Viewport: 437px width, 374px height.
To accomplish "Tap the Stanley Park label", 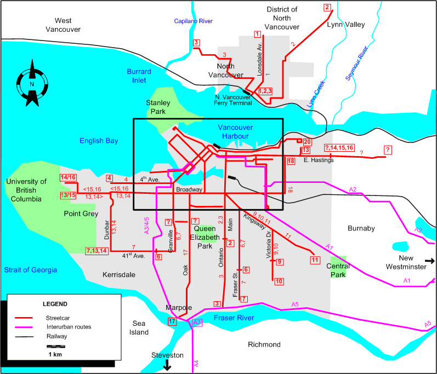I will pos(158,107).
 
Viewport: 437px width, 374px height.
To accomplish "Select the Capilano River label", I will pos(193,21).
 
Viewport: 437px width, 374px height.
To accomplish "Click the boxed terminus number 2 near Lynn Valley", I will pos(328,8).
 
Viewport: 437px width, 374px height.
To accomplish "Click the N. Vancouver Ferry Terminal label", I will pos(234,100).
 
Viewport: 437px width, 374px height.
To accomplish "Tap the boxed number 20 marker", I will pos(307,142).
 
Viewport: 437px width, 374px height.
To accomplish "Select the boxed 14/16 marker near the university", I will pos(69,177).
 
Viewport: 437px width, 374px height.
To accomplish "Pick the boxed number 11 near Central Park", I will pos(315,260).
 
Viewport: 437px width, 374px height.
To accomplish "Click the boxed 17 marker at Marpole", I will pos(173,321).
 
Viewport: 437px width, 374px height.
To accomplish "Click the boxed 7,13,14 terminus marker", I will pos(97,251).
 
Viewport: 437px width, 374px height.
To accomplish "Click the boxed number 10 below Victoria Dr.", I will pos(279,281).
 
